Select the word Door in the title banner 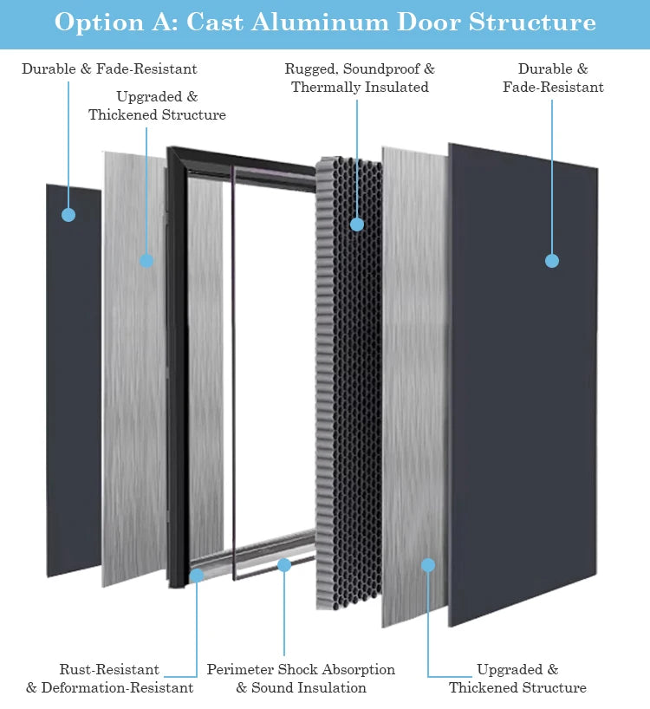[422, 23]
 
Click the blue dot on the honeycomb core [356, 224]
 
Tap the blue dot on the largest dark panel [552, 261]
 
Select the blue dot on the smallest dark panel [68, 214]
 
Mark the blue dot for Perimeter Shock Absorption [284, 565]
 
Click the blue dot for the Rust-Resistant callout [197, 575]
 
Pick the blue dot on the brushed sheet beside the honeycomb [427, 565]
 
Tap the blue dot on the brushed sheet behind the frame [146, 261]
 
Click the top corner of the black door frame [172, 153]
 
